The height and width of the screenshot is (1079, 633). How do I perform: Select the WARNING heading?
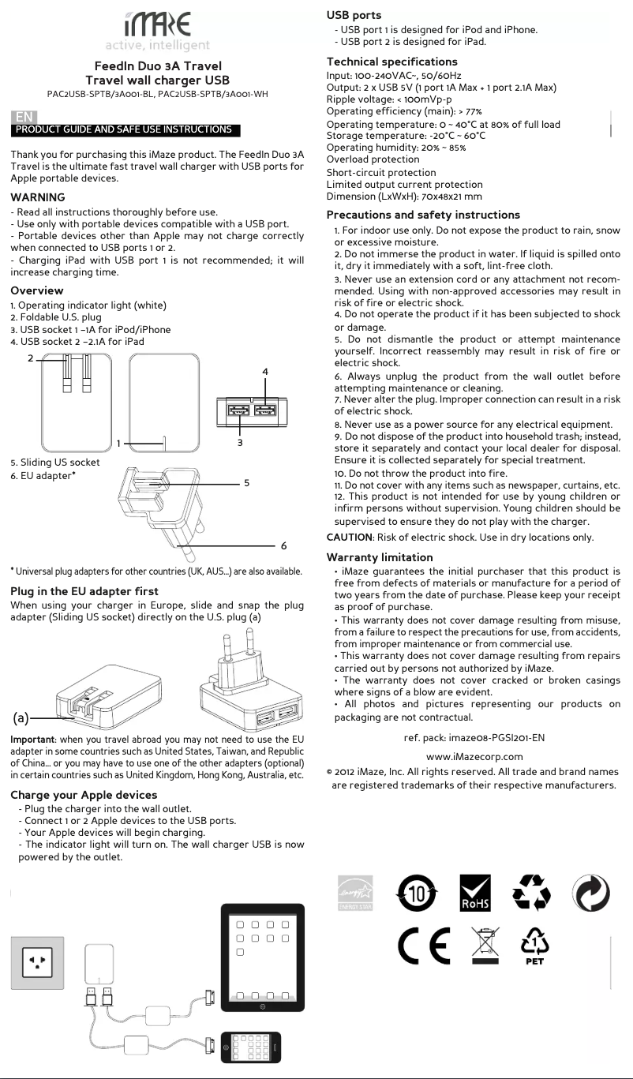pos(38,197)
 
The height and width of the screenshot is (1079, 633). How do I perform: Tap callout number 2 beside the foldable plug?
pos(31,358)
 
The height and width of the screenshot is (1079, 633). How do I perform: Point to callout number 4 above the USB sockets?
pos(265,371)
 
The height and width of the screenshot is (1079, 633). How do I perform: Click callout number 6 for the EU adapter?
pos(283,545)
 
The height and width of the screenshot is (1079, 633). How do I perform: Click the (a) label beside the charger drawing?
pos(21,718)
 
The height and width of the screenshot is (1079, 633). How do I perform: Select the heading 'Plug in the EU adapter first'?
pos(84,591)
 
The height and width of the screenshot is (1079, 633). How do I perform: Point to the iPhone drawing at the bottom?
pos(251,1047)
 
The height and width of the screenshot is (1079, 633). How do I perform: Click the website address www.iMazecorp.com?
pos(474,756)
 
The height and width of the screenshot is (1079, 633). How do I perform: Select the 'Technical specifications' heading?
pos(391,62)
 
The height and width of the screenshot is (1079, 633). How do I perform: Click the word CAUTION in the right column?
pos(350,538)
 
